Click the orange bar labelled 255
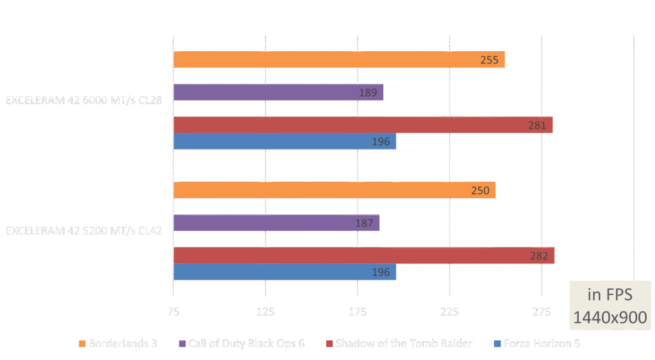click(x=339, y=60)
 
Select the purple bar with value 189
click(x=278, y=93)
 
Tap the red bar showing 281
click(x=363, y=125)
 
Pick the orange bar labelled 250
click(x=335, y=191)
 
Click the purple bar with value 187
click(x=276, y=223)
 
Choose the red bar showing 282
click(x=364, y=255)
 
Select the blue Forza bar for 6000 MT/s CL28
click(x=285, y=141)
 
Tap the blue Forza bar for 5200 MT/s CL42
click(x=285, y=272)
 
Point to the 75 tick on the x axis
click(x=173, y=311)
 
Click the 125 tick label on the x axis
click(x=265, y=311)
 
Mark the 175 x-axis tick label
click(x=358, y=311)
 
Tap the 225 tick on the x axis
click(x=450, y=311)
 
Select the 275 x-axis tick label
click(x=542, y=311)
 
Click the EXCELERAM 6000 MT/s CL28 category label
click(x=84, y=100)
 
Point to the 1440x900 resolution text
click(x=610, y=317)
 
